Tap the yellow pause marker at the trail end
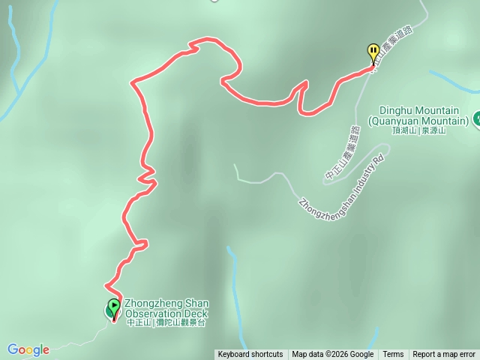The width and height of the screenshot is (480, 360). point(373,51)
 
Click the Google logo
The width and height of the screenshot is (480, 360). point(28,349)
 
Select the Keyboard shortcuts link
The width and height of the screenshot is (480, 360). point(250,355)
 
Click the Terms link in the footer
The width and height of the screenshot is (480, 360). point(393,355)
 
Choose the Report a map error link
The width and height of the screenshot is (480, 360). point(444,355)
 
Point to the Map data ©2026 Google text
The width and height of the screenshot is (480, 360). point(332,355)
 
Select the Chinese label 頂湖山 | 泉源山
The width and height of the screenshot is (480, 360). point(418,130)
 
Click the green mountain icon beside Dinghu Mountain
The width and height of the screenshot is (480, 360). point(476,118)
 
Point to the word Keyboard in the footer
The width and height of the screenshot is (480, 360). point(235,355)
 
